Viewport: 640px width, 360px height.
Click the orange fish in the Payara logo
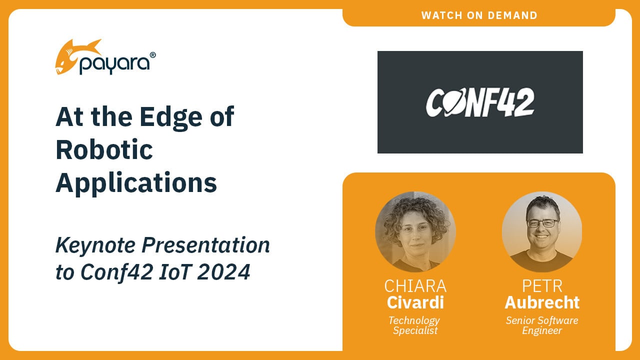pyautogui.click(x=75, y=56)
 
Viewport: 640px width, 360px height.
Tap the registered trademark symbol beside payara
pyautogui.click(x=152, y=55)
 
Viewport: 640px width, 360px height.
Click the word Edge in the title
pyautogui.click(x=171, y=117)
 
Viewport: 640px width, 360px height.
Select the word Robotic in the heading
pyautogui.click(x=104, y=150)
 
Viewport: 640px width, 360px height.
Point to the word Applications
pyautogui.click(x=136, y=183)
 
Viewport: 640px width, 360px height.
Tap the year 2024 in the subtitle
pyautogui.click(x=223, y=272)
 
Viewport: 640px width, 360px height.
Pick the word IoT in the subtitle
pyautogui.click(x=175, y=272)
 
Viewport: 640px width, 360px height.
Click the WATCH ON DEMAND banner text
pyautogui.click(x=479, y=15)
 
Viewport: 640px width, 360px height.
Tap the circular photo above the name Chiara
pyautogui.click(x=415, y=231)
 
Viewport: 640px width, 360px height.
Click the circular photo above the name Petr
pyautogui.click(x=542, y=231)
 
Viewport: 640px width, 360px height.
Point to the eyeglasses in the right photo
pyautogui.click(x=542, y=223)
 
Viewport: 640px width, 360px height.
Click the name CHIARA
pyautogui.click(x=415, y=286)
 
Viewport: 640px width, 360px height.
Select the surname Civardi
pyautogui.click(x=415, y=302)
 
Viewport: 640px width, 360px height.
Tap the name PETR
pyautogui.click(x=542, y=286)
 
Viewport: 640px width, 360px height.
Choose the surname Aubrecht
pyautogui.click(x=542, y=302)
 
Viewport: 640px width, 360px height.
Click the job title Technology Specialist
pyautogui.click(x=415, y=325)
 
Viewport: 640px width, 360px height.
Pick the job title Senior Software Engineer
pyautogui.click(x=542, y=325)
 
